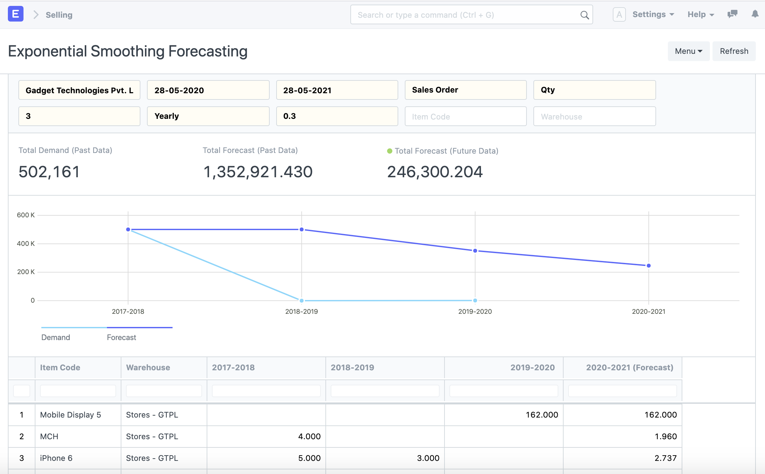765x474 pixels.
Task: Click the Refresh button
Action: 734,51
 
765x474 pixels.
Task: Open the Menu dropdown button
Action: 688,51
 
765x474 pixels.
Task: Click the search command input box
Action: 466,15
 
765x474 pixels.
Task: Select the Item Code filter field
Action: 465,117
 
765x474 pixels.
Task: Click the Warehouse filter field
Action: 594,117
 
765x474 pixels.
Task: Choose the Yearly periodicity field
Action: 208,116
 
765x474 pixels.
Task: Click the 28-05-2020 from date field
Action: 208,90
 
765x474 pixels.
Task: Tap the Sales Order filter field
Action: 465,90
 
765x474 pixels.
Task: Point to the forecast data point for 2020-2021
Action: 649,266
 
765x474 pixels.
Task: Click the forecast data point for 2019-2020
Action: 475,251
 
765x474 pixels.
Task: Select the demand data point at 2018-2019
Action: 301,300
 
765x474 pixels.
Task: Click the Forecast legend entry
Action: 121,337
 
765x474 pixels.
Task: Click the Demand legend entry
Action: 56,337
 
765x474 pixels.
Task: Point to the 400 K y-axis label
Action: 26,244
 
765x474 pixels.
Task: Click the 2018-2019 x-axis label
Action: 301,312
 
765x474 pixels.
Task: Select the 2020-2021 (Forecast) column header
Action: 629,368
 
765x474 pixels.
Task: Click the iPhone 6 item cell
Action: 56,458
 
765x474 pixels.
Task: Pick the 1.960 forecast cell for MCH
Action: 665,436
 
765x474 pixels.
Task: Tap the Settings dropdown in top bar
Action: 653,14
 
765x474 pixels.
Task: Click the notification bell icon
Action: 755,14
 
